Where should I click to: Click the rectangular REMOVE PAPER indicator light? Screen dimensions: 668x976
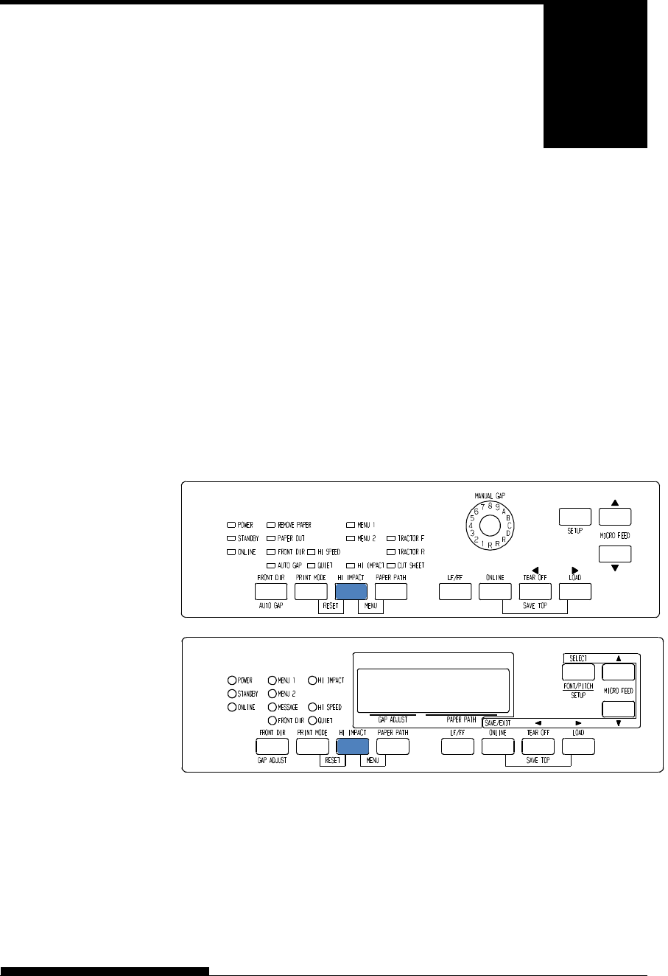[x=270, y=526]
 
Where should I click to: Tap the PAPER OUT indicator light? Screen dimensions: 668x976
[x=270, y=539]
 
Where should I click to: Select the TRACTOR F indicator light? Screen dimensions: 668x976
[x=391, y=539]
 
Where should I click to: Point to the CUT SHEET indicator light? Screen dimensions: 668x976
[x=391, y=565]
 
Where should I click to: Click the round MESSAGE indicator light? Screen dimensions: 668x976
[x=273, y=707]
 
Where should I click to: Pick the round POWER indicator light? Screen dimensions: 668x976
[x=232, y=680]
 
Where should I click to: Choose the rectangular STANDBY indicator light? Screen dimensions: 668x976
[x=231, y=539]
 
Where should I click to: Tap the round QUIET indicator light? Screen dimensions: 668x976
[x=312, y=720]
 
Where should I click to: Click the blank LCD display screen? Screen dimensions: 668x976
[x=433, y=688]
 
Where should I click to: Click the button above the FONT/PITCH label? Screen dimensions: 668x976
[x=578, y=672]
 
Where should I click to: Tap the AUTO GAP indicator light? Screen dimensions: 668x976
[x=270, y=565]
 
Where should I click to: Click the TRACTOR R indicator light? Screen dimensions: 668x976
[x=391, y=551]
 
